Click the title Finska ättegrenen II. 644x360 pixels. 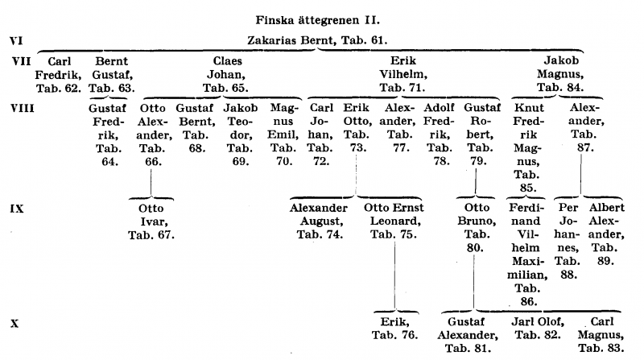322,19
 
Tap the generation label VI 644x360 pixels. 14,39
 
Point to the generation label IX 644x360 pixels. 15,208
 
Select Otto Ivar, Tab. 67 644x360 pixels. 151,221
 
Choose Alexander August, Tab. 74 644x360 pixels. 320,221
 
